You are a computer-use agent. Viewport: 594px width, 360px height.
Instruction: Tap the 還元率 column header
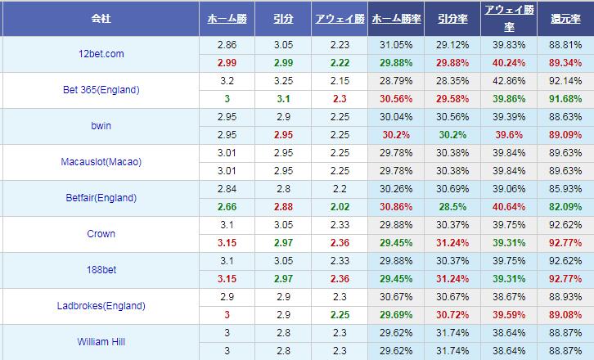click(565, 17)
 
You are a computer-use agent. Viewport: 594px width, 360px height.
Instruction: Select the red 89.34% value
click(565, 62)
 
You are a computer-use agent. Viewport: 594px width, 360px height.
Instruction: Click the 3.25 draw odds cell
click(283, 81)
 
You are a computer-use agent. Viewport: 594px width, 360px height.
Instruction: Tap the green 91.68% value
click(565, 98)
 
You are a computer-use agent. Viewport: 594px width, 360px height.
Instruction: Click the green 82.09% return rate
click(565, 206)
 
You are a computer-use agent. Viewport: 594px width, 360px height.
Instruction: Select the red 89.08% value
click(565, 315)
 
